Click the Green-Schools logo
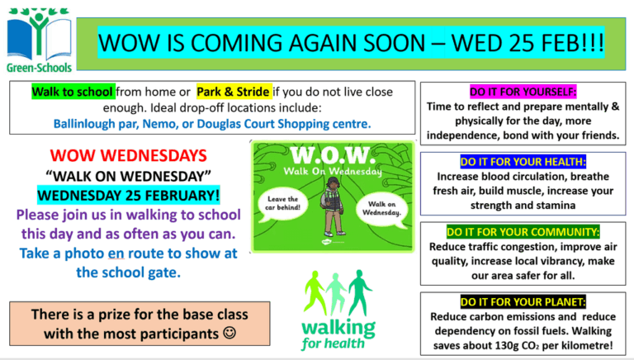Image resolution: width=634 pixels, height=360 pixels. tap(40, 40)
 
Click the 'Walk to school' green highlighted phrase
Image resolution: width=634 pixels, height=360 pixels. tap(73, 92)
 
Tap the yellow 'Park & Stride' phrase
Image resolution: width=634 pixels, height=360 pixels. tap(234, 92)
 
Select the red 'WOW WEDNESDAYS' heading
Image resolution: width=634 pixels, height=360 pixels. tap(129, 156)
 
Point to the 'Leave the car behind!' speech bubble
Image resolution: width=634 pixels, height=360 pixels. tap(282, 204)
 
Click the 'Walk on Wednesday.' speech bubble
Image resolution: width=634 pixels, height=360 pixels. tap(381, 208)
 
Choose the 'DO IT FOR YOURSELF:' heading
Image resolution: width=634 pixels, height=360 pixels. tap(523, 92)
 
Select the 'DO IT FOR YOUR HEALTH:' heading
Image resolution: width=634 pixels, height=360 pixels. tap(523, 162)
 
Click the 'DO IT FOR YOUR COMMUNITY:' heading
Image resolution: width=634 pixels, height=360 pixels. tap(523, 232)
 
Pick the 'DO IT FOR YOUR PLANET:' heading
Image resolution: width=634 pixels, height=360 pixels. tap(523, 301)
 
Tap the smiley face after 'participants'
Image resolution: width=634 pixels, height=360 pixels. tap(229, 333)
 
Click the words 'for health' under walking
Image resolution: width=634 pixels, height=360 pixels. tap(333, 343)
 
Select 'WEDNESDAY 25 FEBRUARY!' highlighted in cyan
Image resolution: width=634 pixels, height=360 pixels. tap(129, 195)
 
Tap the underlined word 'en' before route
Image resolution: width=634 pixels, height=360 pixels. tap(116, 253)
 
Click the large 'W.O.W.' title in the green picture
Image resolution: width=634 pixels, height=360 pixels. tap(331, 155)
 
